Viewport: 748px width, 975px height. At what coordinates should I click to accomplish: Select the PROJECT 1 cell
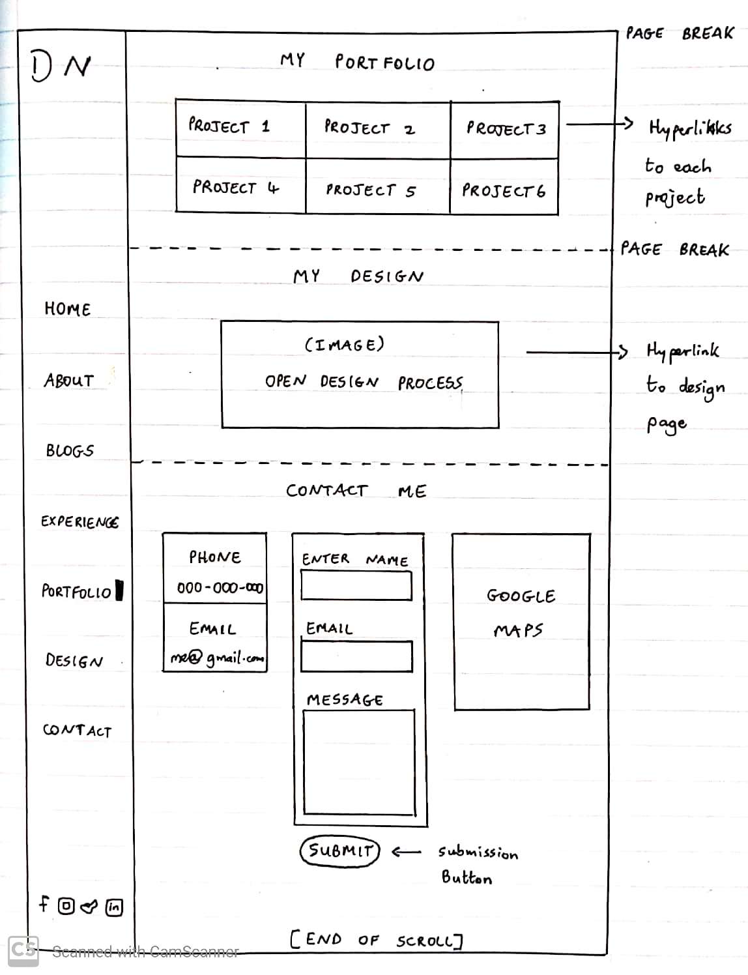(240, 128)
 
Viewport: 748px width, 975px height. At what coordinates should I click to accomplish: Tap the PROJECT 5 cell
(377, 187)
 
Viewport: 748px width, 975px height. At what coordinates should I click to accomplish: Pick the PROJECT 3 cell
(504, 129)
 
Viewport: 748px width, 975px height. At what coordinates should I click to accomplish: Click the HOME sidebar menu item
(67, 309)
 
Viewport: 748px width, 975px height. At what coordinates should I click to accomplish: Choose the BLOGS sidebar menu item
(70, 450)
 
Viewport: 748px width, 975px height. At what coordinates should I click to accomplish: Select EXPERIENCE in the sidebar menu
(79, 521)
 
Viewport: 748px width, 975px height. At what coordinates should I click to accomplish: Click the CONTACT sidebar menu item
(77, 730)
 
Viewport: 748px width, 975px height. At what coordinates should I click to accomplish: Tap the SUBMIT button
(339, 851)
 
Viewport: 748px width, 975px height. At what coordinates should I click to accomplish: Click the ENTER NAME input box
(356, 585)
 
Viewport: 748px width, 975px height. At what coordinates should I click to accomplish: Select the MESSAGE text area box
(358, 762)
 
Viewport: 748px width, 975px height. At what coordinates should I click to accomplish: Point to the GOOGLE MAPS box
(521, 620)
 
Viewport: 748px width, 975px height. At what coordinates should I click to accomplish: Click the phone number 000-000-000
(220, 588)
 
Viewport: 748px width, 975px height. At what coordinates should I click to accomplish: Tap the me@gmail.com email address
(217, 658)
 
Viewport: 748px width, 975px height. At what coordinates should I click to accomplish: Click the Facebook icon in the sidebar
(44, 903)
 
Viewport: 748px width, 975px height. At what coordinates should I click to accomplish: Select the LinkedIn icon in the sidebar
(114, 907)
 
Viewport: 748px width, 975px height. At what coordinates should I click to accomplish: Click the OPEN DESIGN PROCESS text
(363, 382)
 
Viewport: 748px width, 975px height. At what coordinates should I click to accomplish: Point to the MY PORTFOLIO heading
(357, 62)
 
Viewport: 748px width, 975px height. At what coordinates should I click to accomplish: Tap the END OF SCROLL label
(376, 939)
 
